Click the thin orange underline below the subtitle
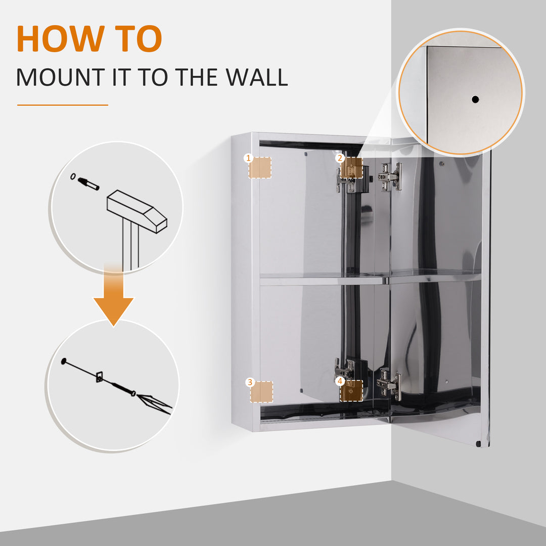[x=63, y=105]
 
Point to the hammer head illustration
[x=136, y=210]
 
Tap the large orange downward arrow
[x=113, y=298]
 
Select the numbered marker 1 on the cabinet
[x=248, y=158]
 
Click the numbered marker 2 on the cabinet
[x=340, y=158]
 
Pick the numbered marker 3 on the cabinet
[x=249, y=382]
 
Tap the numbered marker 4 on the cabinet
[x=340, y=381]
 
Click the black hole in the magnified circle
[x=475, y=99]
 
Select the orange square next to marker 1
[x=260, y=167]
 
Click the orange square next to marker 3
[x=262, y=392]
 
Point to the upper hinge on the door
[x=391, y=176]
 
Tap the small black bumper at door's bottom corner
[x=478, y=443]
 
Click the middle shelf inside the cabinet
[x=324, y=278]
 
